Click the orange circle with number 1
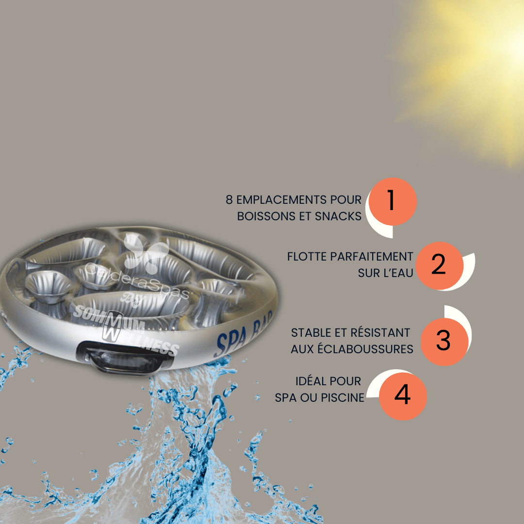pyautogui.click(x=393, y=201)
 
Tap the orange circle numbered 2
pyautogui.click(x=440, y=266)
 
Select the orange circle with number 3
pyautogui.click(x=444, y=342)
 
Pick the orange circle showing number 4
pyautogui.click(x=403, y=396)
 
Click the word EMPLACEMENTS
pyautogui.click(x=282, y=200)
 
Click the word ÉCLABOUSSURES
pyautogui.click(x=366, y=348)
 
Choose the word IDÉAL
pyautogui.click(x=312, y=381)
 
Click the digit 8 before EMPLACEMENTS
pyautogui.click(x=229, y=200)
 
